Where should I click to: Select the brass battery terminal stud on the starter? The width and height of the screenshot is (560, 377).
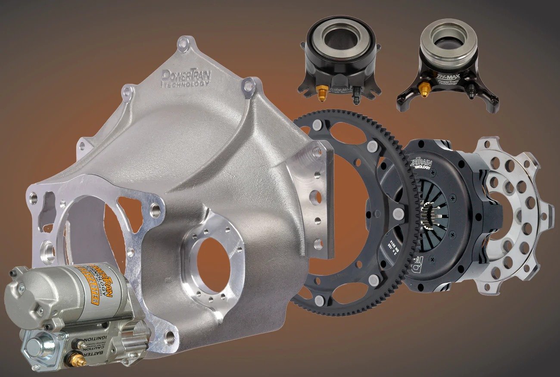click(76, 357)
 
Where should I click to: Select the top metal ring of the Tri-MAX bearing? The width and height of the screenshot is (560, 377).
click(448, 48)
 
